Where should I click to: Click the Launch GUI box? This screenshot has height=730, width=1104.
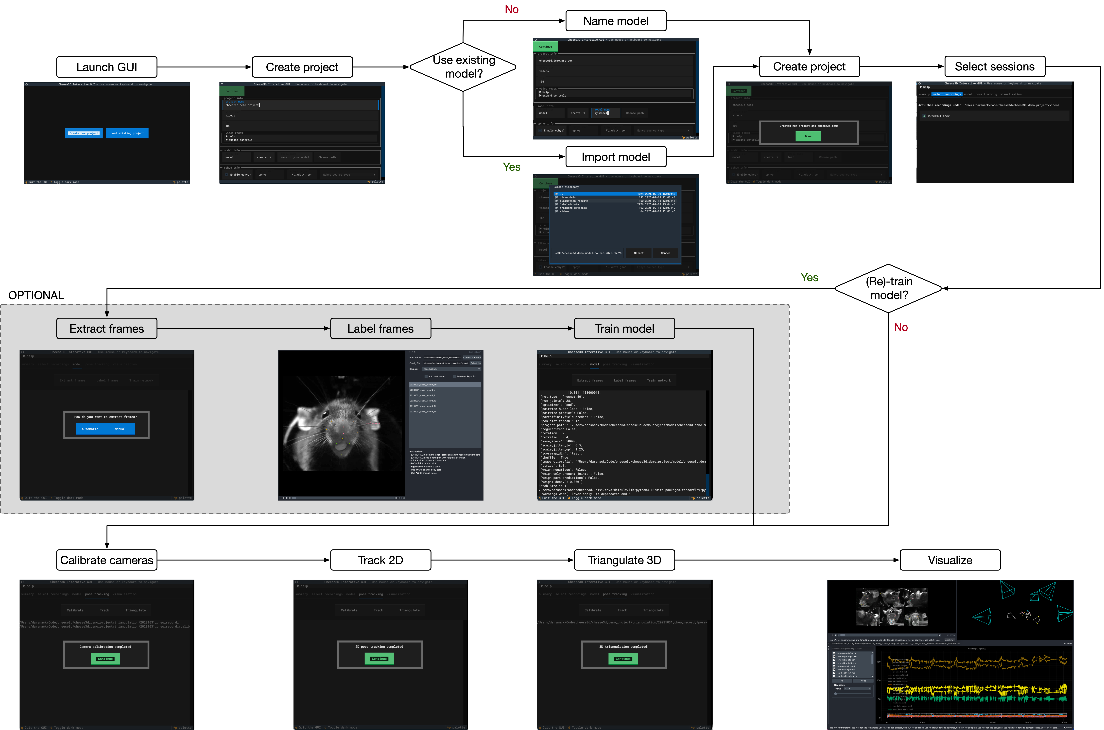pyautogui.click(x=107, y=67)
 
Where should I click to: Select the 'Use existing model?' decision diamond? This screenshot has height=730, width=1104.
pyautogui.click(x=463, y=67)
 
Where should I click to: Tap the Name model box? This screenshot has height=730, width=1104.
pyautogui.click(x=616, y=21)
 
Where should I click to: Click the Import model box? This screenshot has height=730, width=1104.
pyautogui.click(x=616, y=157)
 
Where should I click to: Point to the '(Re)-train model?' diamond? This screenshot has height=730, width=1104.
pyautogui.click(x=888, y=288)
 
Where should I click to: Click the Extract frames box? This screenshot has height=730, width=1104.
pyautogui.click(x=107, y=329)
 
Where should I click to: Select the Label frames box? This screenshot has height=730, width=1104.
pyautogui.click(x=380, y=329)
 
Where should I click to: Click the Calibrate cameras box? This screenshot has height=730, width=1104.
pyautogui.click(x=107, y=560)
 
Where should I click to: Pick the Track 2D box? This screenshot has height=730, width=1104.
pyautogui.click(x=380, y=560)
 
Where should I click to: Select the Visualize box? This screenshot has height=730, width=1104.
pyautogui.click(x=950, y=560)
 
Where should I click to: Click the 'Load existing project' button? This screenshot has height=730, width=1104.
pyautogui.click(x=127, y=133)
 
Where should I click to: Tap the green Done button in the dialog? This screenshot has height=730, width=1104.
pyautogui.click(x=808, y=136)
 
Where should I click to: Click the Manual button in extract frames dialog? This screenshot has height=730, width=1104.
pyautogui.click(x=120, y=429)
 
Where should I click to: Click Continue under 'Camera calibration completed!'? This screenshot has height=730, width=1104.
pyautogui.click(x=105, y=658)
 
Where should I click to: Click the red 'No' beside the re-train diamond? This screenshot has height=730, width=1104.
pyautogui.click(x=900, y=327)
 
